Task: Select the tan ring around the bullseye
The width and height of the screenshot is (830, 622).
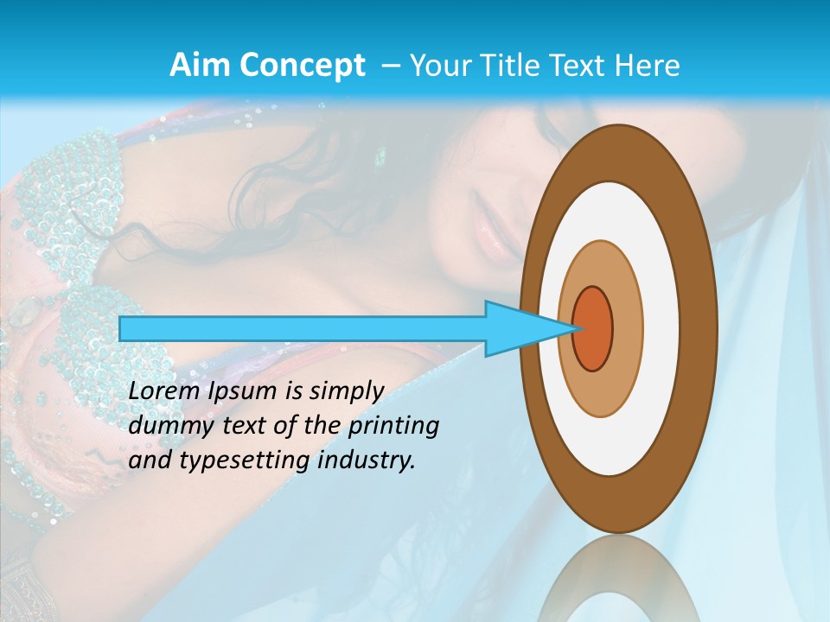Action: coord(626,328)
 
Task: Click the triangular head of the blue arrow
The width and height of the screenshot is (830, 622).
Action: coord(519,328)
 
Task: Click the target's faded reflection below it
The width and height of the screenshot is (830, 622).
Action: coord(617,587)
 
